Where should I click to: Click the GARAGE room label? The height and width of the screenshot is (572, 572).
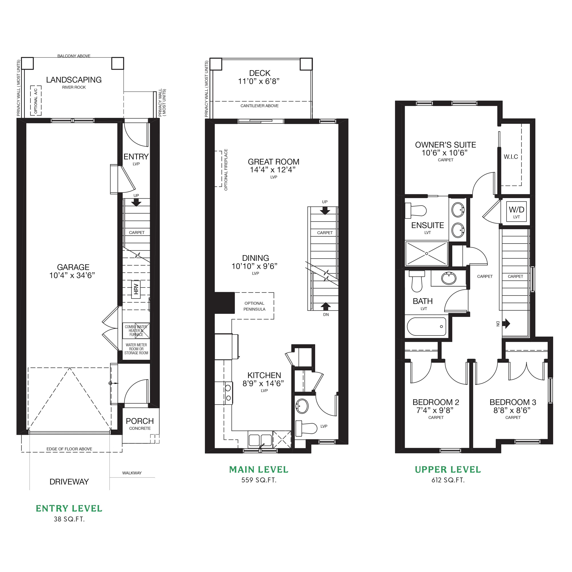coord(73,267)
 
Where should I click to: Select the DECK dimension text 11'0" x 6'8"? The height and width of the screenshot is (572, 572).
coord(259,81)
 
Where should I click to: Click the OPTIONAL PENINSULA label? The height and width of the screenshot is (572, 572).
coord(254,306)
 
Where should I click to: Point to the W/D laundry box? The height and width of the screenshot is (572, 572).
coord(517,211)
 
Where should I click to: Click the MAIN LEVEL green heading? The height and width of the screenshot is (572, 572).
coord(259,470)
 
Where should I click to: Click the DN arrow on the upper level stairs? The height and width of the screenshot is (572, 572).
coord(506,323)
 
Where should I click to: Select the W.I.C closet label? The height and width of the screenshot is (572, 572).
coord(511,157)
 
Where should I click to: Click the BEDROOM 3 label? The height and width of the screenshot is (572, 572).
coord(513,402)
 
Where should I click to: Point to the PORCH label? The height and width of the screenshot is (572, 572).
coord(140,421)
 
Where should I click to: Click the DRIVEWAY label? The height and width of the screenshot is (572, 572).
coord(69,482)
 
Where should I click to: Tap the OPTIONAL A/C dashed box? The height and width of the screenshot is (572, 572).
coord(36,101)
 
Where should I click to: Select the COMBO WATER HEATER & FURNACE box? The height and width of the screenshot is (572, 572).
coord(136,331)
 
